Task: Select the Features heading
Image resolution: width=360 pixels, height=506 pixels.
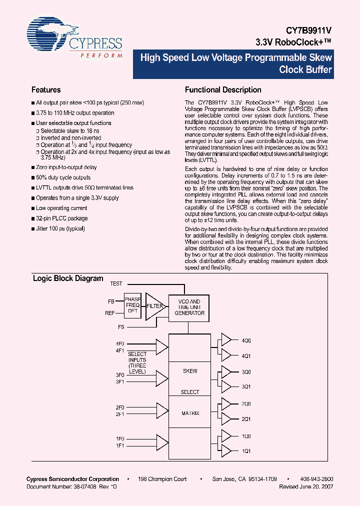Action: [46, 90]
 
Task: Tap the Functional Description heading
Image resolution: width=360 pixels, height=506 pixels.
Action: [223, 90]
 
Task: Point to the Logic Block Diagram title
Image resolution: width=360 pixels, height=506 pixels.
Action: [68, 278]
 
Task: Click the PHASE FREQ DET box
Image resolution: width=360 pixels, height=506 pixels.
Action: [132, 305]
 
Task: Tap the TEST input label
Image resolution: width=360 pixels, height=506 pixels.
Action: [116, 283]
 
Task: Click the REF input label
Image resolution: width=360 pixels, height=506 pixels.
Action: [110, 313]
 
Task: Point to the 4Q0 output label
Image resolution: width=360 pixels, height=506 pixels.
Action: [246, 340]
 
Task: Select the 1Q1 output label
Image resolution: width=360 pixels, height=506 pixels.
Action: [246, 451]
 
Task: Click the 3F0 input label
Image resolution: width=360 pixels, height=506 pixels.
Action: [119, 375]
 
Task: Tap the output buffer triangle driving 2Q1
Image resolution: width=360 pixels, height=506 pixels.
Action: [226, 418]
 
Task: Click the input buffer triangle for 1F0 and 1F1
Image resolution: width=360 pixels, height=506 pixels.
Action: [162, 441]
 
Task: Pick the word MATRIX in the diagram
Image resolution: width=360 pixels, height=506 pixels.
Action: [190, 413]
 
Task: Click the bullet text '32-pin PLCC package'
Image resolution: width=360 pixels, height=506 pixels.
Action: [62, 218]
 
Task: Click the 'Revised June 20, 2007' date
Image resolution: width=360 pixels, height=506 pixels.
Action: [305, 486]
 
